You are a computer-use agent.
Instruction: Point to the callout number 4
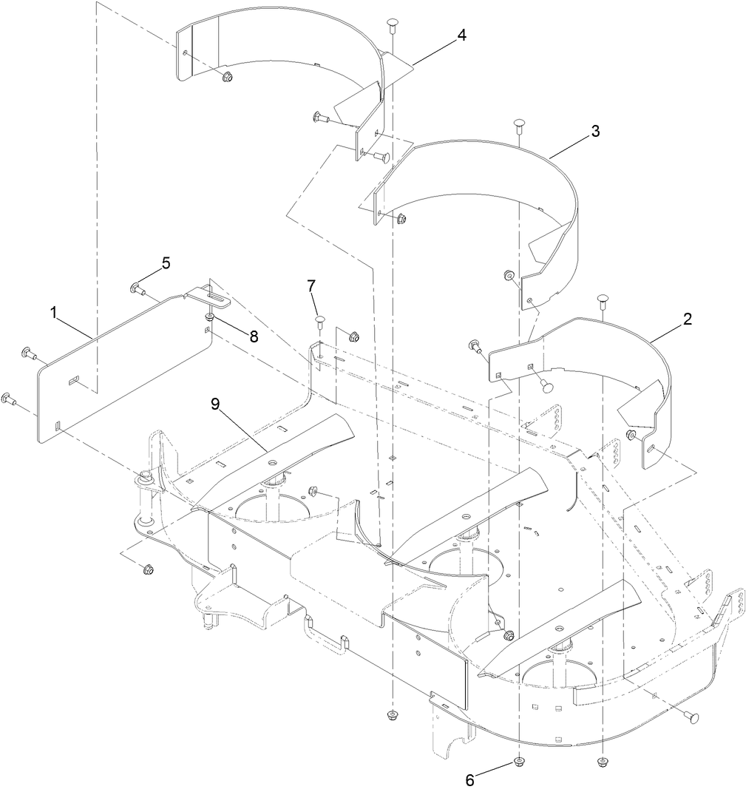pos(461,35)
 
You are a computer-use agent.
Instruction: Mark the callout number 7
pos(311,285)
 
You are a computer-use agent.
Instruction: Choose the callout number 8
pos(254,336)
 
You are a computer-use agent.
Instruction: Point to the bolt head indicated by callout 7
pos(319,320)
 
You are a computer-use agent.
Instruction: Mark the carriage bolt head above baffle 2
pos(603,299)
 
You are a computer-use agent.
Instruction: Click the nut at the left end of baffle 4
pos(226,77)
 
